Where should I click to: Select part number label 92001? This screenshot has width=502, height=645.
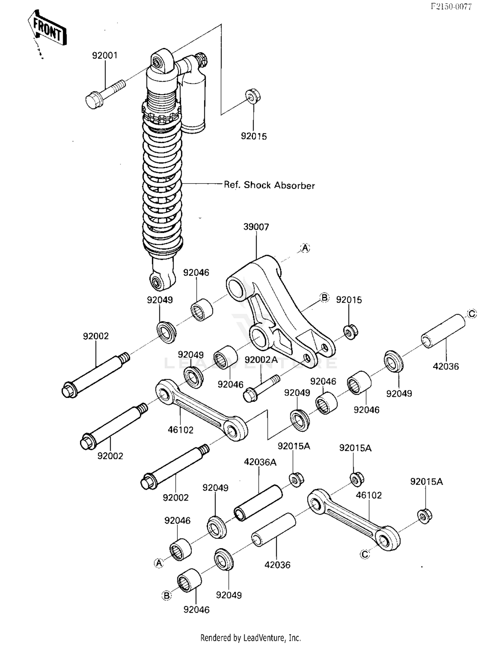(105, 55)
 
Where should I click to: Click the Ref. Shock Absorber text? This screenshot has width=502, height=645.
(269, 185)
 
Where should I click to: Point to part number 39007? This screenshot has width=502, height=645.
(256, 227)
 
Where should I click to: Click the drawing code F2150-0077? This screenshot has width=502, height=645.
(451, 6)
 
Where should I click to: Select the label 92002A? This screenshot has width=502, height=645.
(261, 360)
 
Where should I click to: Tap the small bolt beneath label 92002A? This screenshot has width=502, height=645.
(261, 389)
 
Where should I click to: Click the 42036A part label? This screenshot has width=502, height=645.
(260, 462)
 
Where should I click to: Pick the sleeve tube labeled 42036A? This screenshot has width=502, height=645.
(258, 503)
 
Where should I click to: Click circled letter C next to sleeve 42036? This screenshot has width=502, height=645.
(472, 314)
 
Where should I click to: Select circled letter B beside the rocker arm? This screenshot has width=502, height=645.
(324, 297)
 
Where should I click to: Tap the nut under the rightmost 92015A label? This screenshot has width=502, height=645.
(425, 516)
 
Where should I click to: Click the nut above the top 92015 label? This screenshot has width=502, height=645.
(253, 96)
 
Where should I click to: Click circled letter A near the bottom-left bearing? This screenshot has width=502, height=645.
(159, 563)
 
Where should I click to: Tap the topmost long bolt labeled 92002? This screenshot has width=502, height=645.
(96, 375)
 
